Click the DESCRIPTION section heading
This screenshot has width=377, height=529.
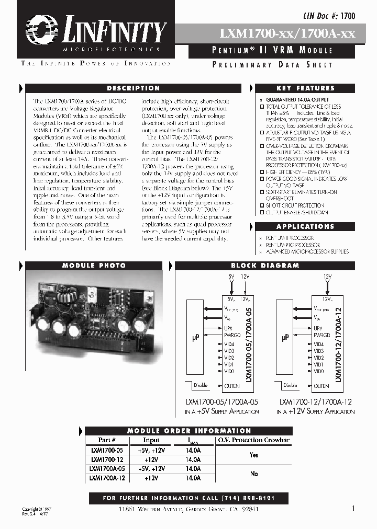click(133, 88)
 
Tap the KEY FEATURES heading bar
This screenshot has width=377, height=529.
click(308, 88)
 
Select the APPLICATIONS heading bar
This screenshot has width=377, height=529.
click(305, 226)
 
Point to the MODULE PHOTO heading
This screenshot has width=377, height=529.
click(94, 266)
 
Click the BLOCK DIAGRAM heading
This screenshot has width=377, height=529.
click(265, 266)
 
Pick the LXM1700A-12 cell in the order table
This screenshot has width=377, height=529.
click(107, 478)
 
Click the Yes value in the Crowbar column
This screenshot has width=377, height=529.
click(254, 455)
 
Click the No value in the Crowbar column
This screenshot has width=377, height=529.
click(254, 474)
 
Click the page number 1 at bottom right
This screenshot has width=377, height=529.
click(353, 508)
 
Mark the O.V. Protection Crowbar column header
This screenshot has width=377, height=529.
click(253, 440)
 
